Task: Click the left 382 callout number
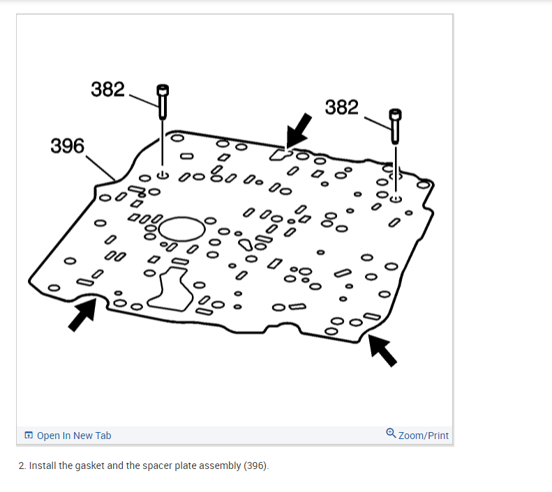tap(107, 89)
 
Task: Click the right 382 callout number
tap(342, 107)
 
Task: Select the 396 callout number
tap(68, 146)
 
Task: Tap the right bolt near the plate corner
tap(396, 125)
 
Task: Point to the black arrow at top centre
tap(299, 129)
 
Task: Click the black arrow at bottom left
tap(82, 317)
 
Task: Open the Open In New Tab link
tap(74, 436)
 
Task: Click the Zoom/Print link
tap(424, 436)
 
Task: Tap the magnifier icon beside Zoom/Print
tap(391, 434)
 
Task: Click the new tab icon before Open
tap(29, 436)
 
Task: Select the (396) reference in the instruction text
tap(255, 465)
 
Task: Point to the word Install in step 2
tap(43, 465)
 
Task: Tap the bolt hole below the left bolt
tap(163, 176)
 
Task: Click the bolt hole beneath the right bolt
tap(396, 199)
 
